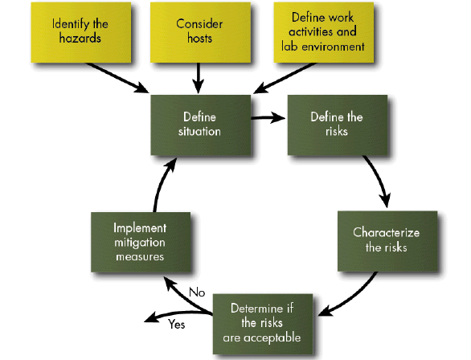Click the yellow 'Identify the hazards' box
[x=80, y=31]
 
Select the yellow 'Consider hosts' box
[x=199, y=31]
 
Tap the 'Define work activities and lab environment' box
[x=322, y=31]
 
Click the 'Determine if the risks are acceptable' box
[x=266, y=321]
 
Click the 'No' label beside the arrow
[x=197, y=291]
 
